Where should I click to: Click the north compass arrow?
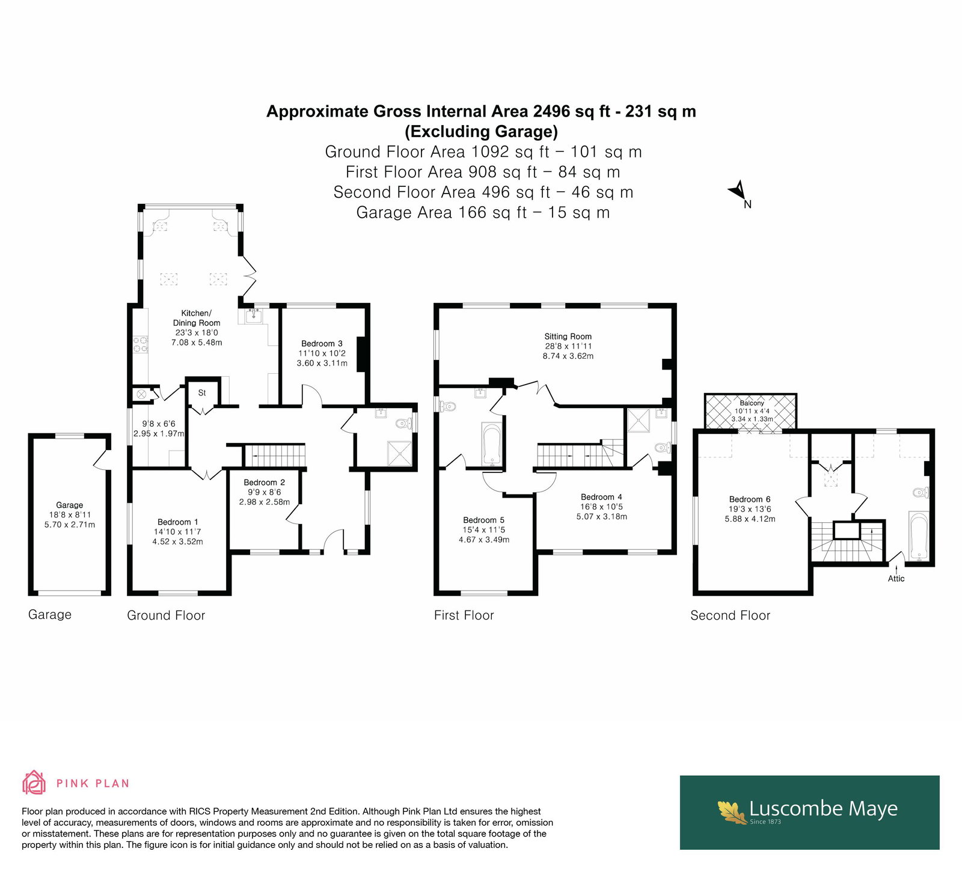click(738, 191)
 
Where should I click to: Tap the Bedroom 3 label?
click(322, 344)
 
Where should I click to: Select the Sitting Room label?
click(568, 337)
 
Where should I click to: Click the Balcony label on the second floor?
click(752, 403)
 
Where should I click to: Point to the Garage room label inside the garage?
click(70, 505)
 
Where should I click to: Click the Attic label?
click(896, 579)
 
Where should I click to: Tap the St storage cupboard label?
click(202, 393)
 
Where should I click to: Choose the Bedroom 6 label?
click(750, 499)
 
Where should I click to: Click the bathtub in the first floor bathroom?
click(492, 445)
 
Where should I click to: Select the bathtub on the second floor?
click(919, 535)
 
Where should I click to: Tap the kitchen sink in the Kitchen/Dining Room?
click(254, 316)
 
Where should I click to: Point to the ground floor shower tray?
click(400, 454)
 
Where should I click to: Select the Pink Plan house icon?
click(34, 782)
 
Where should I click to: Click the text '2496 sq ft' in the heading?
click(575, 112)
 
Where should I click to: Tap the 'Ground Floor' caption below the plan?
click(166, 615)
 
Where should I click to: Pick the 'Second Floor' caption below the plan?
click(730, 615)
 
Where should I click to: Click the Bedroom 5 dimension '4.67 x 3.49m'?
click(484, 540)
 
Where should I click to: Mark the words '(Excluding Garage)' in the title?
click(481, 132)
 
